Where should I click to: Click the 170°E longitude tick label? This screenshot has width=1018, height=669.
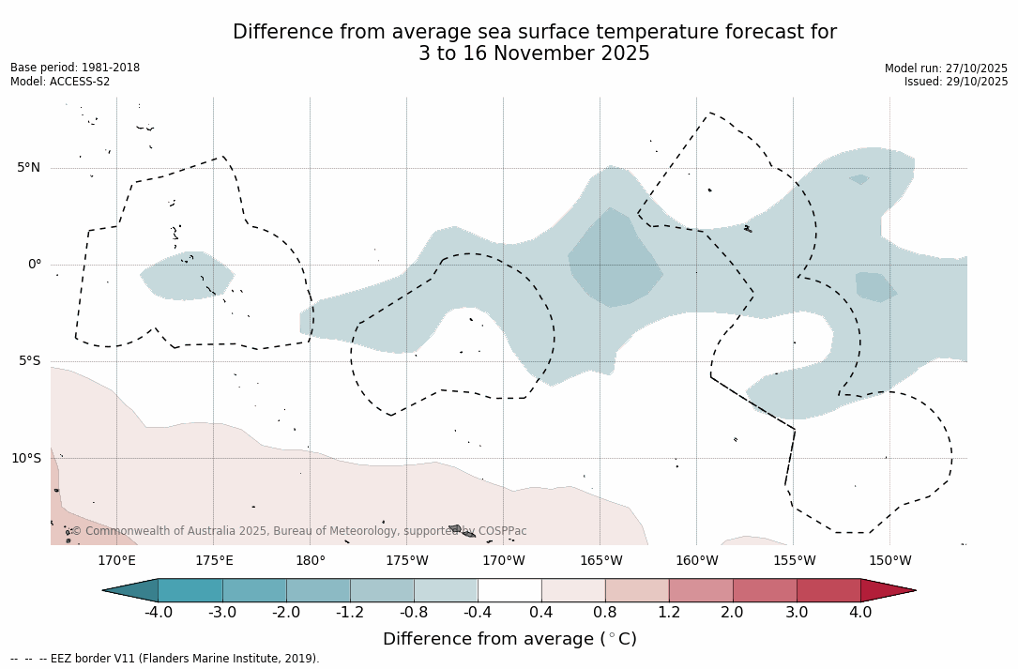[116, 561]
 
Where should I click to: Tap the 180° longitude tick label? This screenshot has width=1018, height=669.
[311, 561]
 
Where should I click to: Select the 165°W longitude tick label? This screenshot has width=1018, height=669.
[600, 561]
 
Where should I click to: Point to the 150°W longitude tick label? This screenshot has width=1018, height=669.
[890, 561]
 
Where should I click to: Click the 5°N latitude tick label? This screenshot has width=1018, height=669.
[28, 168]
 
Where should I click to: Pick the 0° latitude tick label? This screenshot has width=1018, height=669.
[35, 265]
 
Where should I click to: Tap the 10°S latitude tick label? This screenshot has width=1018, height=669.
[26, 459]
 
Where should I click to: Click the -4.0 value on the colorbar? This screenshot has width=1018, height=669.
[159, 613]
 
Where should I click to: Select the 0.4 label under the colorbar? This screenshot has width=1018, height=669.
[541, 613]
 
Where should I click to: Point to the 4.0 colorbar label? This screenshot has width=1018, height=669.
[860, 613]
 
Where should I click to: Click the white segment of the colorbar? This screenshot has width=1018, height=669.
[509, 590]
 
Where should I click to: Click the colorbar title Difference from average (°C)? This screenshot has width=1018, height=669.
[509, 639]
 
